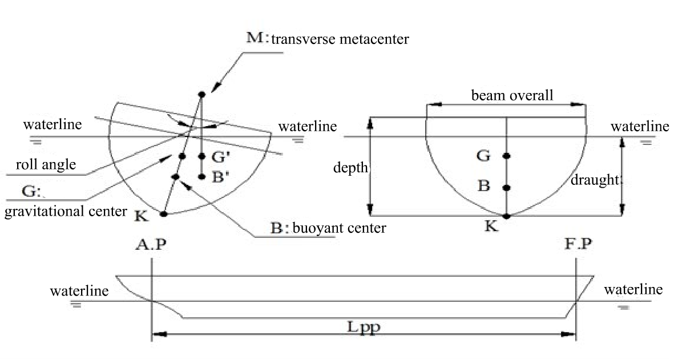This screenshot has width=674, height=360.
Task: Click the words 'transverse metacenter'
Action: (x=340, y=39)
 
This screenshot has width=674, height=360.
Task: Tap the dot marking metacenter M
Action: (x=201, y=94)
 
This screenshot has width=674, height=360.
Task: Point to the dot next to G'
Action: (x=201, y=156)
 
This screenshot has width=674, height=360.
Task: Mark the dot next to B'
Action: (x=201, y=176)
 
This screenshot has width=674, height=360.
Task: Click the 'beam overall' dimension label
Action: (x=511, y=95)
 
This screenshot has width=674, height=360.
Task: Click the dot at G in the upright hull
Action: (x=507, y=156)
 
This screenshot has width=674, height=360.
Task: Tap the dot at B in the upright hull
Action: (x=507, y=188)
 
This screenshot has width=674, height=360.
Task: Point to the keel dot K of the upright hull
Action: (x=507, y=216)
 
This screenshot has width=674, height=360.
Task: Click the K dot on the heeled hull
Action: (x=164, y=214)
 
